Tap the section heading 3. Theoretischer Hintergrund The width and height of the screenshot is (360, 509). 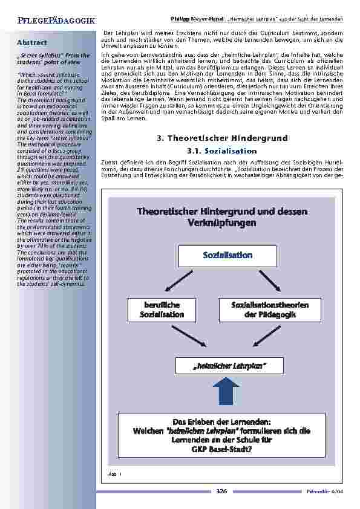click(x=221, y=138)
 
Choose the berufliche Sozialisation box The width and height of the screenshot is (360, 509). click(x=162, y=310)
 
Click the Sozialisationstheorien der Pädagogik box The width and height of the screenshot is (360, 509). click(x=270, y=310)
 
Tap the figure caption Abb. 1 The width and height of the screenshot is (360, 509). click(x=115, y=475)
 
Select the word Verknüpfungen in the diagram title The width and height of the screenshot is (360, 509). click(x=222, y=222)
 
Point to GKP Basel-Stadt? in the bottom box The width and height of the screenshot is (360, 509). click(x=221, y=449)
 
